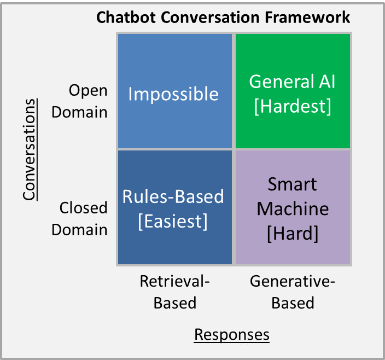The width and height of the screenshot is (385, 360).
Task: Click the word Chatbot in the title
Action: (x=126, y=18)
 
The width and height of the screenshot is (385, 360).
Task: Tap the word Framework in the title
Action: (x=307, y=18)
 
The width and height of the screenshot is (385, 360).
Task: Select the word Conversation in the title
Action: (x=210, y=18)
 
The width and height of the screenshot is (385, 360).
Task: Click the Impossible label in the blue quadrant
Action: (x=173, y=94)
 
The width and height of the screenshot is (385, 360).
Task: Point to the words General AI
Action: (x=292, y=82)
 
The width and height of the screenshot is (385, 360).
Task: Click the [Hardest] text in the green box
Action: (x=293, y=106)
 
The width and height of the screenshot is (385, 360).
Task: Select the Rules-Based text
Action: (x=173, y=197)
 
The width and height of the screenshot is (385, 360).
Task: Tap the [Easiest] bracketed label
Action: (x=173, y=222)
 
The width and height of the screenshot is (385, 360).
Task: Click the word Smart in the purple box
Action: (x=292, y=184)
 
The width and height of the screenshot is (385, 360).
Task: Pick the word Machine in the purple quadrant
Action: (x=293, y=209)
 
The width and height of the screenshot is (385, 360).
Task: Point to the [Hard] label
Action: (x=293, y=234)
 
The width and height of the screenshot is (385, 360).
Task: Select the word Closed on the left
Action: (x=83, y=208)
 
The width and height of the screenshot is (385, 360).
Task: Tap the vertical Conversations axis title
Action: (x=30, y=149)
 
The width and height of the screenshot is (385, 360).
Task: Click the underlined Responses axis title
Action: (x=232, y=335)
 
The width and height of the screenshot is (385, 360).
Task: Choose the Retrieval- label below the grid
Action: (x=174, y=281)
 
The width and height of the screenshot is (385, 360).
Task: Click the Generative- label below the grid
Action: (x=293, y=281)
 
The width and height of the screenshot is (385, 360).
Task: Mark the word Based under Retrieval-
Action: (x=175, y=303)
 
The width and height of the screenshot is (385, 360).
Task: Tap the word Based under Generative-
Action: (x=293, y=303)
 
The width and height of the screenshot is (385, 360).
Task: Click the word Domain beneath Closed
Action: (x=79, y=230)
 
